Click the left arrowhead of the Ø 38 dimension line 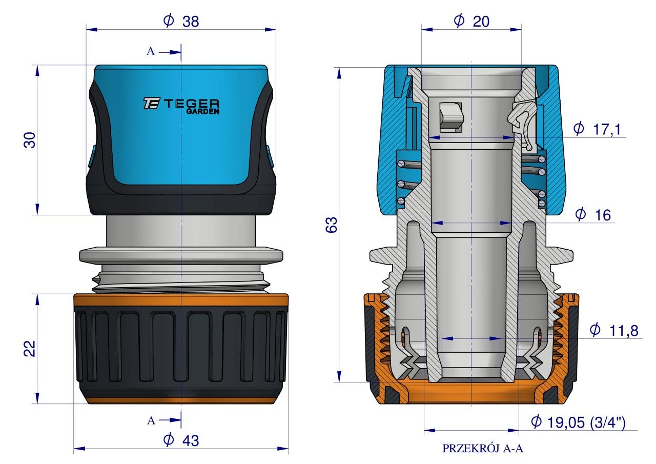(92, 29)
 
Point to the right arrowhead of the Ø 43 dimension (283, 449)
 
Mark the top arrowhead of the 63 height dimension (339, 73)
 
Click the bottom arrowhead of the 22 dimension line (37, 398)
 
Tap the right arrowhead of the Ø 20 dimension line (516, 29)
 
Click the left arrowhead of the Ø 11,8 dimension (447, 338)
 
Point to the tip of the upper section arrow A (180, 52)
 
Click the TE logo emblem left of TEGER (151, 104)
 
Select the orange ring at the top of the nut (181, 299)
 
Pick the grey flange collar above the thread (181, 255)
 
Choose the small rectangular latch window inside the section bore (452, 117)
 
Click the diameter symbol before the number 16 (580, 214)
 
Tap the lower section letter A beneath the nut (151, 421)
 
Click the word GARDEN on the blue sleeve (203, 111)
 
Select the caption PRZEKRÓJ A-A (483, 449)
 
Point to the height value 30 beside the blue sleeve (30, 140)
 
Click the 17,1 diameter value (607, 130)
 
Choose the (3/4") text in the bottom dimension (608, 422)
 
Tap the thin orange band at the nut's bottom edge (181, 399)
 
